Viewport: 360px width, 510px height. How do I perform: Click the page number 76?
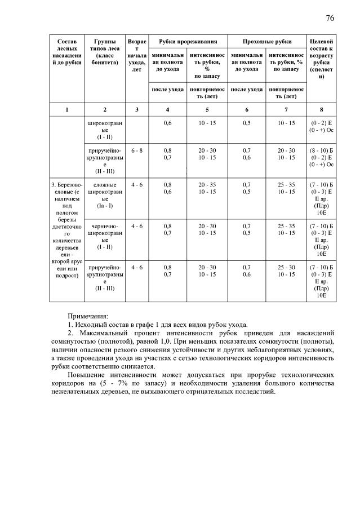pos(330,18)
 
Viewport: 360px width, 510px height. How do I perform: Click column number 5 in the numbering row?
pos(207,109)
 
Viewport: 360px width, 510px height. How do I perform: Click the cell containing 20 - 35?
pos(207,185)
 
